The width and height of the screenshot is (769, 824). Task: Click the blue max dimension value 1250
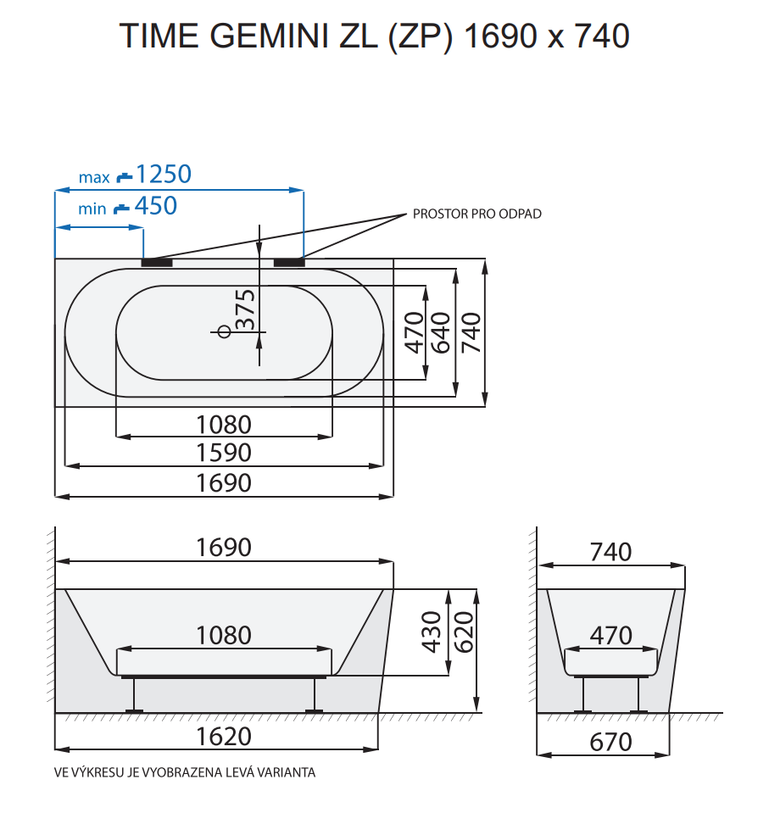pos(164,175)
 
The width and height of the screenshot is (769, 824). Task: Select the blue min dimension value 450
pos(156,206)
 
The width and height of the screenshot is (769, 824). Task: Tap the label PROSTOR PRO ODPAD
pos(476,214)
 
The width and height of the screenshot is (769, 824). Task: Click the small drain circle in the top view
pos(225,331)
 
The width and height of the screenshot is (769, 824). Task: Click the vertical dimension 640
pos(440,332)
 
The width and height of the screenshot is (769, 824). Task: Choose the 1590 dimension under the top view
pos(224,452)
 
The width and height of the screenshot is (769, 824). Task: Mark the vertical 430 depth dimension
pos(432,632)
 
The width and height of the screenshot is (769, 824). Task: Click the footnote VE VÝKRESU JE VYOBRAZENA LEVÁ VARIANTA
pos(185,772)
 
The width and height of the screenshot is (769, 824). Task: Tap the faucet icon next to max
pos(125,176)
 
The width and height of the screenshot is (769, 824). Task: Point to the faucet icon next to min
pos(122,208)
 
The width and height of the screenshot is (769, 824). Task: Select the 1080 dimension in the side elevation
pos(224,634)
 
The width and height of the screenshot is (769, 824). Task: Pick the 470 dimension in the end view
pos(610,634)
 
